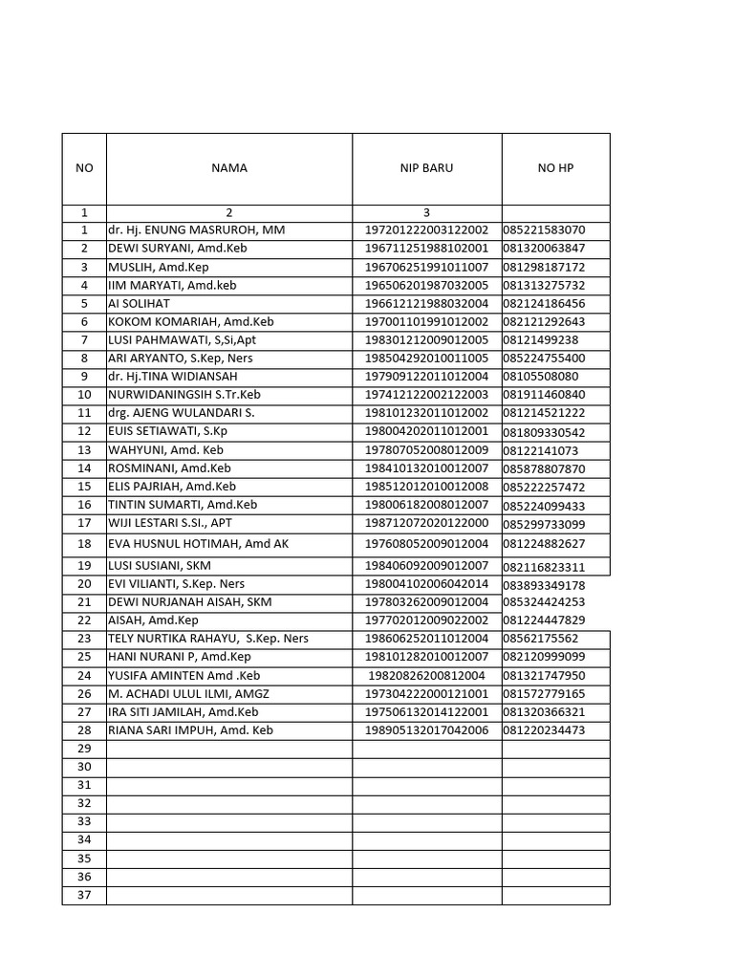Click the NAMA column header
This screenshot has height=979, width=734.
(229, 168)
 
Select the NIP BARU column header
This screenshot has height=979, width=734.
(426, 168)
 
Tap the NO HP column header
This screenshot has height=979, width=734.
(555, 168)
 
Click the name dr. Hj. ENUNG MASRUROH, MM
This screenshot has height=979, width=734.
(196, 230)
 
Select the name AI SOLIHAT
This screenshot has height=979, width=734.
(139, 304)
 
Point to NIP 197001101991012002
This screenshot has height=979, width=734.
(426, 322)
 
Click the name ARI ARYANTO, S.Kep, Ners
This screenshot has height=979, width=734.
(180, 359)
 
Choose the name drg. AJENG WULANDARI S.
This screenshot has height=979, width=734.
(181, 413)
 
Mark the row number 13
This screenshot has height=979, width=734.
(84, 450)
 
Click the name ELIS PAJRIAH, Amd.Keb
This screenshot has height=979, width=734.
(171, 487)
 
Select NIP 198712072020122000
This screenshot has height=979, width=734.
(426, 523)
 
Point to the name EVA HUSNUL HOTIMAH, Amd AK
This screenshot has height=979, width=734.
(198, 544)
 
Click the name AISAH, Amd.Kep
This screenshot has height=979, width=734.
(153, 620)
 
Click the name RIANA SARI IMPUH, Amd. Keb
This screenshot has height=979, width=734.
(190, 730)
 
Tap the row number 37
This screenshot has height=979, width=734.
(84, 895)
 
